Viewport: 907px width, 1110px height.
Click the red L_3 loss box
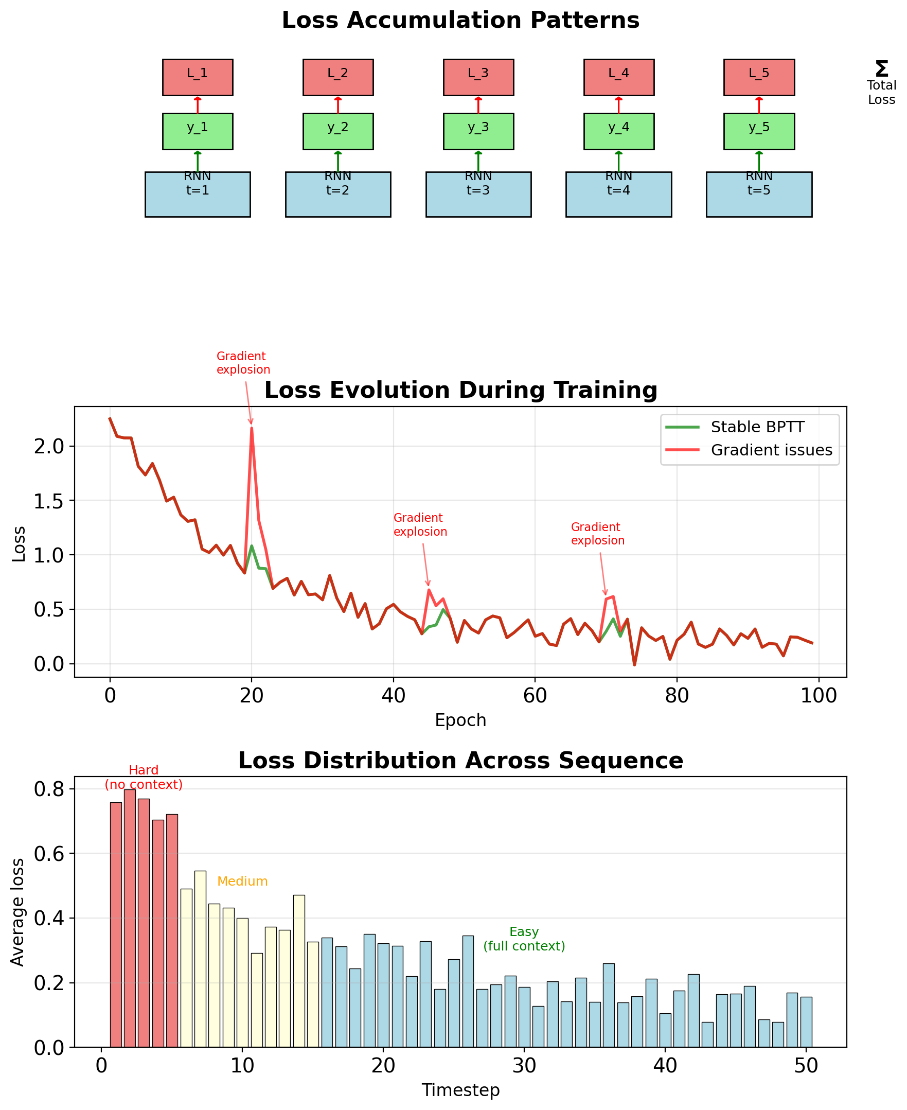[478, 77]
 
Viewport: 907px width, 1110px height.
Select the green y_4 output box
[618, 131]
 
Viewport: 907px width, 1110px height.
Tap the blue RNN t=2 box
[337, 195]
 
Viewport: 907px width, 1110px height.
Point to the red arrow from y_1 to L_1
[198, 104]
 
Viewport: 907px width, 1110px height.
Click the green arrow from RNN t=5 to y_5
[759, 161]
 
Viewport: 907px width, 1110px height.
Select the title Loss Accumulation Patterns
[460, 21]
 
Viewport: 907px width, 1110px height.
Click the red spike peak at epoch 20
[251, 428]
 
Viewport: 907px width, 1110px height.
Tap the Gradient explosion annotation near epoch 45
[420, 525]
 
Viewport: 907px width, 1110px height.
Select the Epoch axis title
[460, 720]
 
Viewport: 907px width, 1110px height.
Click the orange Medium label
[242, 882]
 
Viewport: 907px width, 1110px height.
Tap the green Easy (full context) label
[524, 939]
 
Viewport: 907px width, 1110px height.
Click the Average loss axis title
[19, 912]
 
